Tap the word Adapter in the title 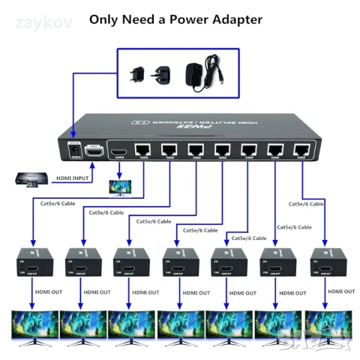pos(237,19)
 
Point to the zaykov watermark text pos(46,22)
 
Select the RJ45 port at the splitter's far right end pos(301,148)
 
